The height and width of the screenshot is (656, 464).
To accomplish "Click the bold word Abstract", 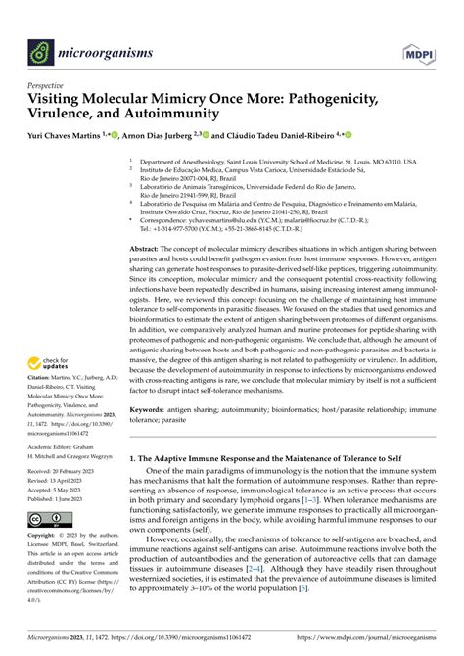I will [145, 250].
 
